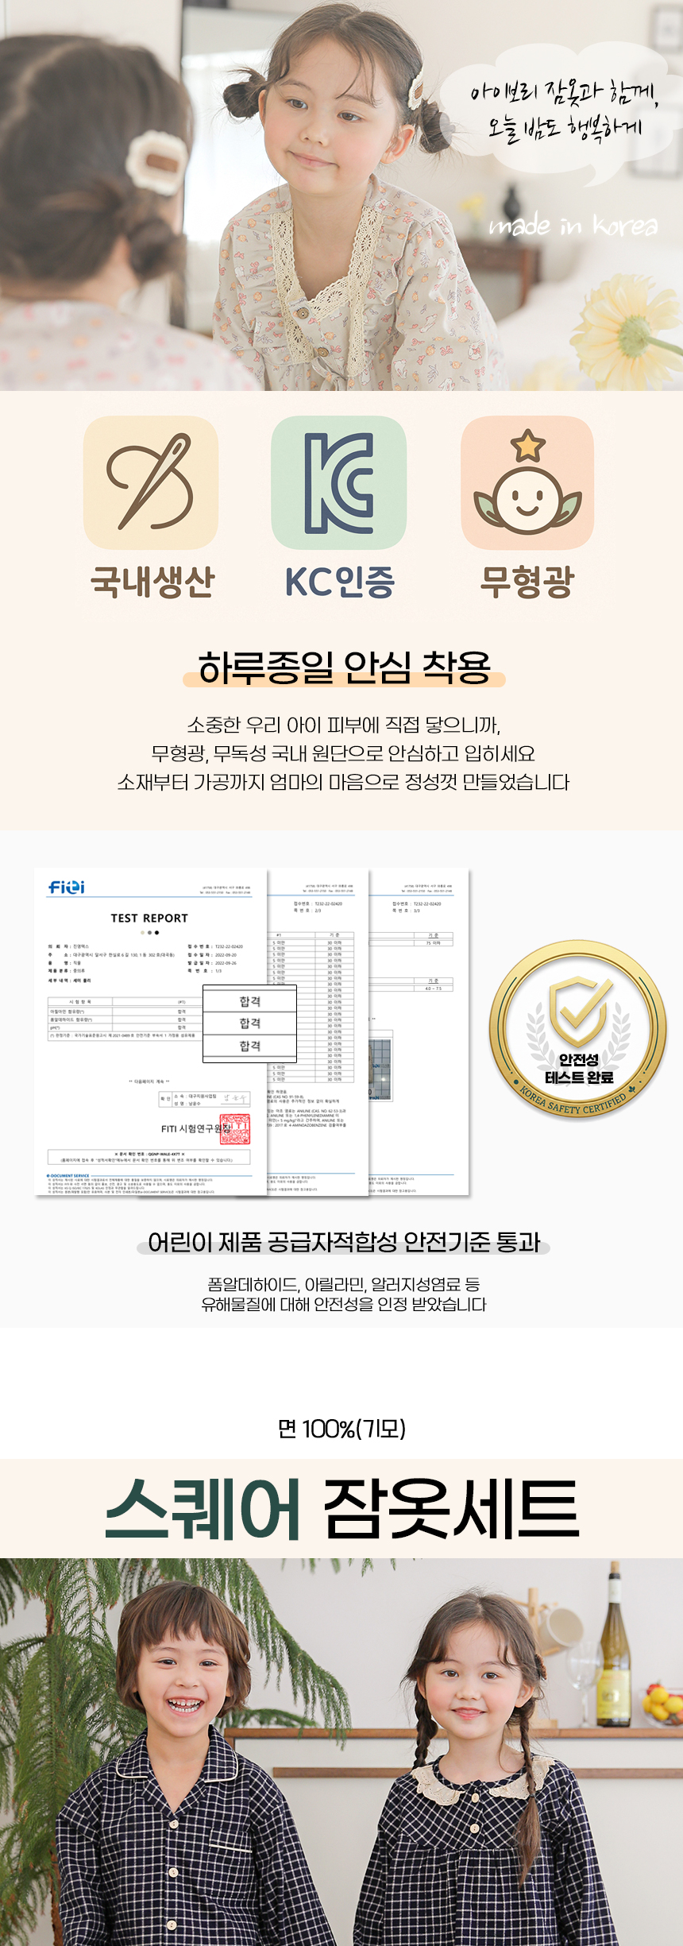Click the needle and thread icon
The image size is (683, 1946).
151,482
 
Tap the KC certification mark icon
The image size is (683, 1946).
339,482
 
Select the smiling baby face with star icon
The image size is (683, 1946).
527,482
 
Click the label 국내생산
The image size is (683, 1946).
152,582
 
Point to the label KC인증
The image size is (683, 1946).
340,582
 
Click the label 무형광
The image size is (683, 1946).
527,582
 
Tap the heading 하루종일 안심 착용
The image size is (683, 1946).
344,667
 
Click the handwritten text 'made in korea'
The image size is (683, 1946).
573,226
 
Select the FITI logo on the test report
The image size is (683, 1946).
67,887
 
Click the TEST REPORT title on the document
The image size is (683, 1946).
149,918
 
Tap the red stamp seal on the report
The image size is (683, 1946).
235,1129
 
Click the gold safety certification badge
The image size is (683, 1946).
578,1030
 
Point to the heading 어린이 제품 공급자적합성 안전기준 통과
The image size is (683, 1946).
344,1242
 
